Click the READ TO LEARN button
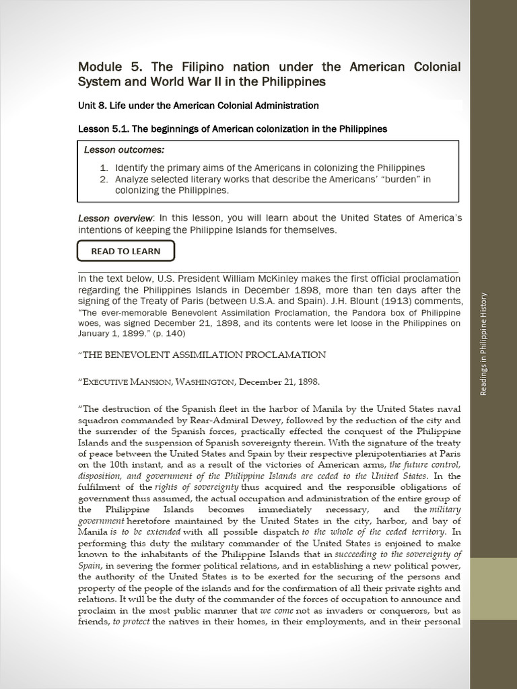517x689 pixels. [126, 251]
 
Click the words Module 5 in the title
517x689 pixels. [106, 67]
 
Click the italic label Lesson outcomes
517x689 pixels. [124, 149]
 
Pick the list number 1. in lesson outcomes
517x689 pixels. [104, 168]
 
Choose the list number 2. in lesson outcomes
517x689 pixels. [104, 179]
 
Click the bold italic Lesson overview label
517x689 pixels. [116, 218]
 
